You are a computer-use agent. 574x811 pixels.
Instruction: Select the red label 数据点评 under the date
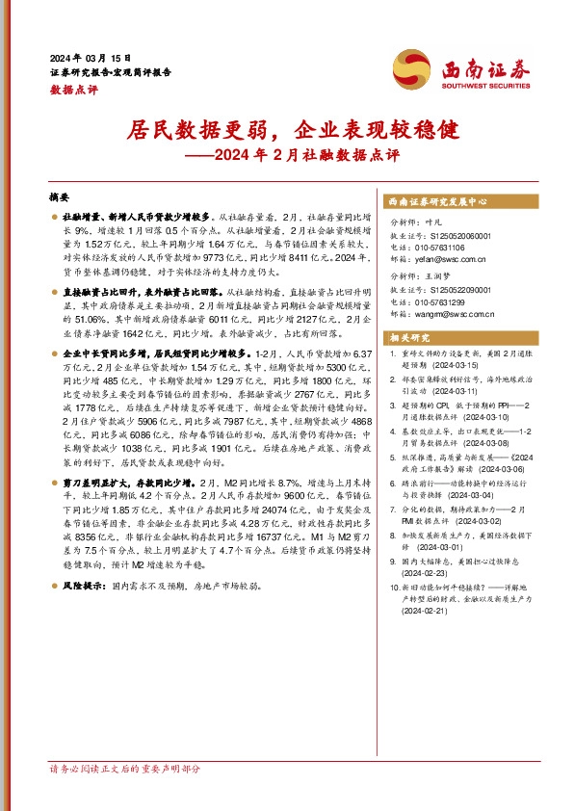pos(73,89)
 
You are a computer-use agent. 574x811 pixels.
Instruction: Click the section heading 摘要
pos(59,194)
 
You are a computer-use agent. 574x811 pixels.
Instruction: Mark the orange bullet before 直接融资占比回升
pos(55,289)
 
